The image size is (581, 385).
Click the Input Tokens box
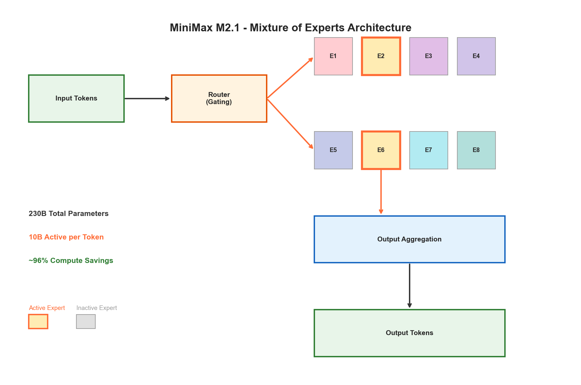click(76, 99)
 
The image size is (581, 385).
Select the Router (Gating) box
click(219, 99)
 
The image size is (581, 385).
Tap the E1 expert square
click(333, 56)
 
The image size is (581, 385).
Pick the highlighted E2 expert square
click(381, 56)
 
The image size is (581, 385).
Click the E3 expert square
click(429, 56)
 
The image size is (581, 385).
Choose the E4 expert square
click(476, 56)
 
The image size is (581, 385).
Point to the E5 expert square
click(333, 150)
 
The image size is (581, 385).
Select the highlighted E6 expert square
click(381, 150)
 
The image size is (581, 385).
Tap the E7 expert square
click(429, 150)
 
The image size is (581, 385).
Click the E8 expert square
click(476, 150)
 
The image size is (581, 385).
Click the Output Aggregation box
click(409, 239)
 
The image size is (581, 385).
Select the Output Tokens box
click(409, 333)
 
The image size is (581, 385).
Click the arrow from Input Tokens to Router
click(147, 99)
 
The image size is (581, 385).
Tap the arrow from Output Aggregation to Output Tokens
click(409, 285)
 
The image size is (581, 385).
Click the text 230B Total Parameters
click(69, 214)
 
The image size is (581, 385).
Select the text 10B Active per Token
click(66, 237)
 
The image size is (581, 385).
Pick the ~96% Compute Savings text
click(71, 261)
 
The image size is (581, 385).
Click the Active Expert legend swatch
click(38, 321)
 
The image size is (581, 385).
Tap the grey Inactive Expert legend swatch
click(86, 321)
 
